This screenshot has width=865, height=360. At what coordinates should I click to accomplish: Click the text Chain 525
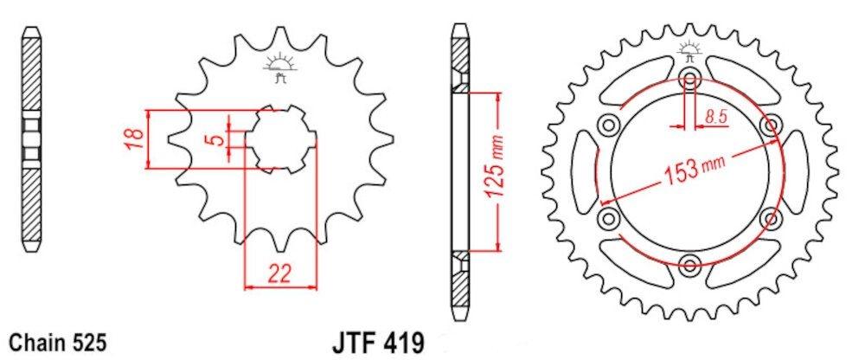(x=58, y=342)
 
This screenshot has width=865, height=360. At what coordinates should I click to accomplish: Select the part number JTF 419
(x=379, y=343)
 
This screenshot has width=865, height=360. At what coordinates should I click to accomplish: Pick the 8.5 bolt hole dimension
(x=715, y=116)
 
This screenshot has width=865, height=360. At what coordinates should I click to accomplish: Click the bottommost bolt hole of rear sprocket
(x=689, y=264)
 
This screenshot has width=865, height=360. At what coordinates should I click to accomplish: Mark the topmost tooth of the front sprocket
(x=279, y=37)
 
